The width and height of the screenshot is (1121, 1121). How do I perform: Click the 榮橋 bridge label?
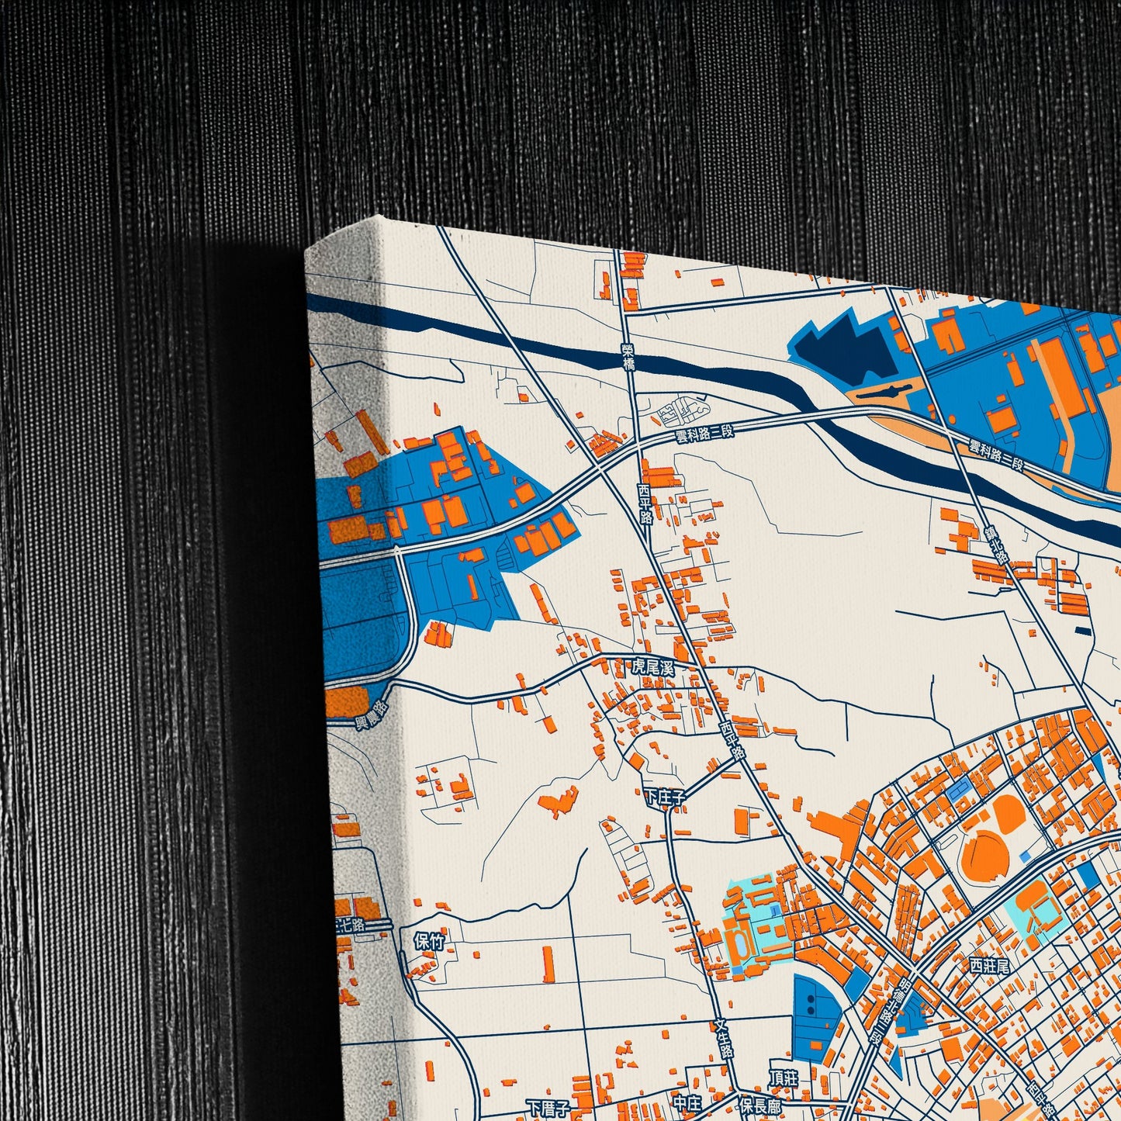(x=628, y=356)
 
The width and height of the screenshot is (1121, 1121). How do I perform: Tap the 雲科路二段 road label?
(x=704, y=432)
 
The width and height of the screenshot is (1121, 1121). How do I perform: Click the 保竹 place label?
(x=429, y=941)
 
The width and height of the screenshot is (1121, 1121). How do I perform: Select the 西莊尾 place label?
(x=988, y=965)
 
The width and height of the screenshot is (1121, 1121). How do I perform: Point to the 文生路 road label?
(x=724, y=1040)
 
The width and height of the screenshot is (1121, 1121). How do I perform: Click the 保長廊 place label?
(x=759, y=1103)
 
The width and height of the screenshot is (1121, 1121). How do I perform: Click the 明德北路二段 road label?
(x=878, y=1009)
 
